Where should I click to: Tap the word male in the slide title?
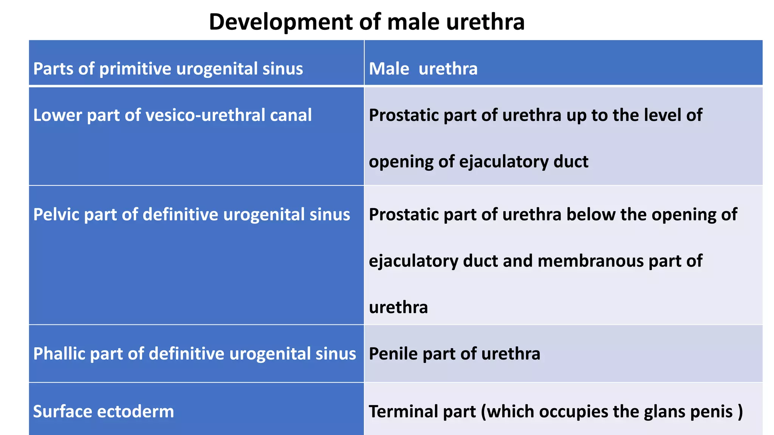click(413, 22)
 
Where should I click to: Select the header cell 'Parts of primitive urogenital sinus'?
click(168, 69)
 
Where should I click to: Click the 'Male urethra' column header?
click(423, 69)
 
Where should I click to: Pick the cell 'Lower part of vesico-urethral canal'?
click(172, 115)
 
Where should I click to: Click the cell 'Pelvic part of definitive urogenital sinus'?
click(192, 214)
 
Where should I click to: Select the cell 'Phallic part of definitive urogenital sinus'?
click(195, 354)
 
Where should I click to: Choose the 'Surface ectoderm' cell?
click(104, 411)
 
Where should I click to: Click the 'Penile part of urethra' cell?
click(454, 354)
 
